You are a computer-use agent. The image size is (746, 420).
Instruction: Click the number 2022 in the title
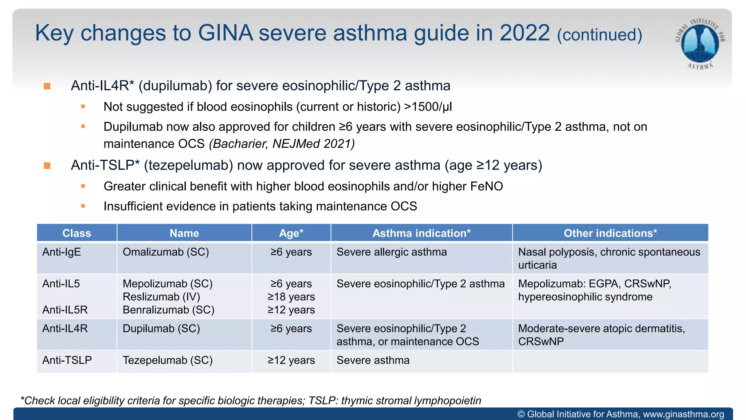point(525,33)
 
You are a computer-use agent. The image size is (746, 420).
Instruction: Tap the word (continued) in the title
point(599,35)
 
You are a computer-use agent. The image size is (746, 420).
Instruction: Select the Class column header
point(76,233)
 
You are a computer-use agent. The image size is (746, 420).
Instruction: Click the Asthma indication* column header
point(421,233)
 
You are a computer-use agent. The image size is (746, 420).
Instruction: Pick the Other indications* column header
point(610,233)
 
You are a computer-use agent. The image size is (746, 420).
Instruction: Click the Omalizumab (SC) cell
point(166,252)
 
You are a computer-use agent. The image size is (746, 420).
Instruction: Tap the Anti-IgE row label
point(62,252)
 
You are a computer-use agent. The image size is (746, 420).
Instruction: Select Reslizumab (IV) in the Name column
point(161,297)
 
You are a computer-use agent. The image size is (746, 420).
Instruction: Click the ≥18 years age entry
point(291,297)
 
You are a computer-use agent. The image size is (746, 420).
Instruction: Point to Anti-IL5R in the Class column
point(65,310)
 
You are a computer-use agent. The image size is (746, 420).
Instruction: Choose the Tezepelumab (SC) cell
point(168,360)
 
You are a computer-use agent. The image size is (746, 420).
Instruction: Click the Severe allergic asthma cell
point(392,252)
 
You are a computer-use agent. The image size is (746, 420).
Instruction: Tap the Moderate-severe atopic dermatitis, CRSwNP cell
point(601,335)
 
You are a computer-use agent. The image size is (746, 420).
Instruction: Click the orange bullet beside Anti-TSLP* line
point(47,166)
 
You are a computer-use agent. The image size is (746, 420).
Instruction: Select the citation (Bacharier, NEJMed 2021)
point(282,144)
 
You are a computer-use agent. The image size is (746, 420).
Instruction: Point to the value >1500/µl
point(428,107)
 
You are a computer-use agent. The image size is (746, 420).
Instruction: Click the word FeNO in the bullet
point(486,186)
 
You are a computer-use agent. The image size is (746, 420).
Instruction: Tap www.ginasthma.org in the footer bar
point(683,414)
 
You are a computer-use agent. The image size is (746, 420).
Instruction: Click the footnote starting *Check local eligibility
point(251,401)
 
